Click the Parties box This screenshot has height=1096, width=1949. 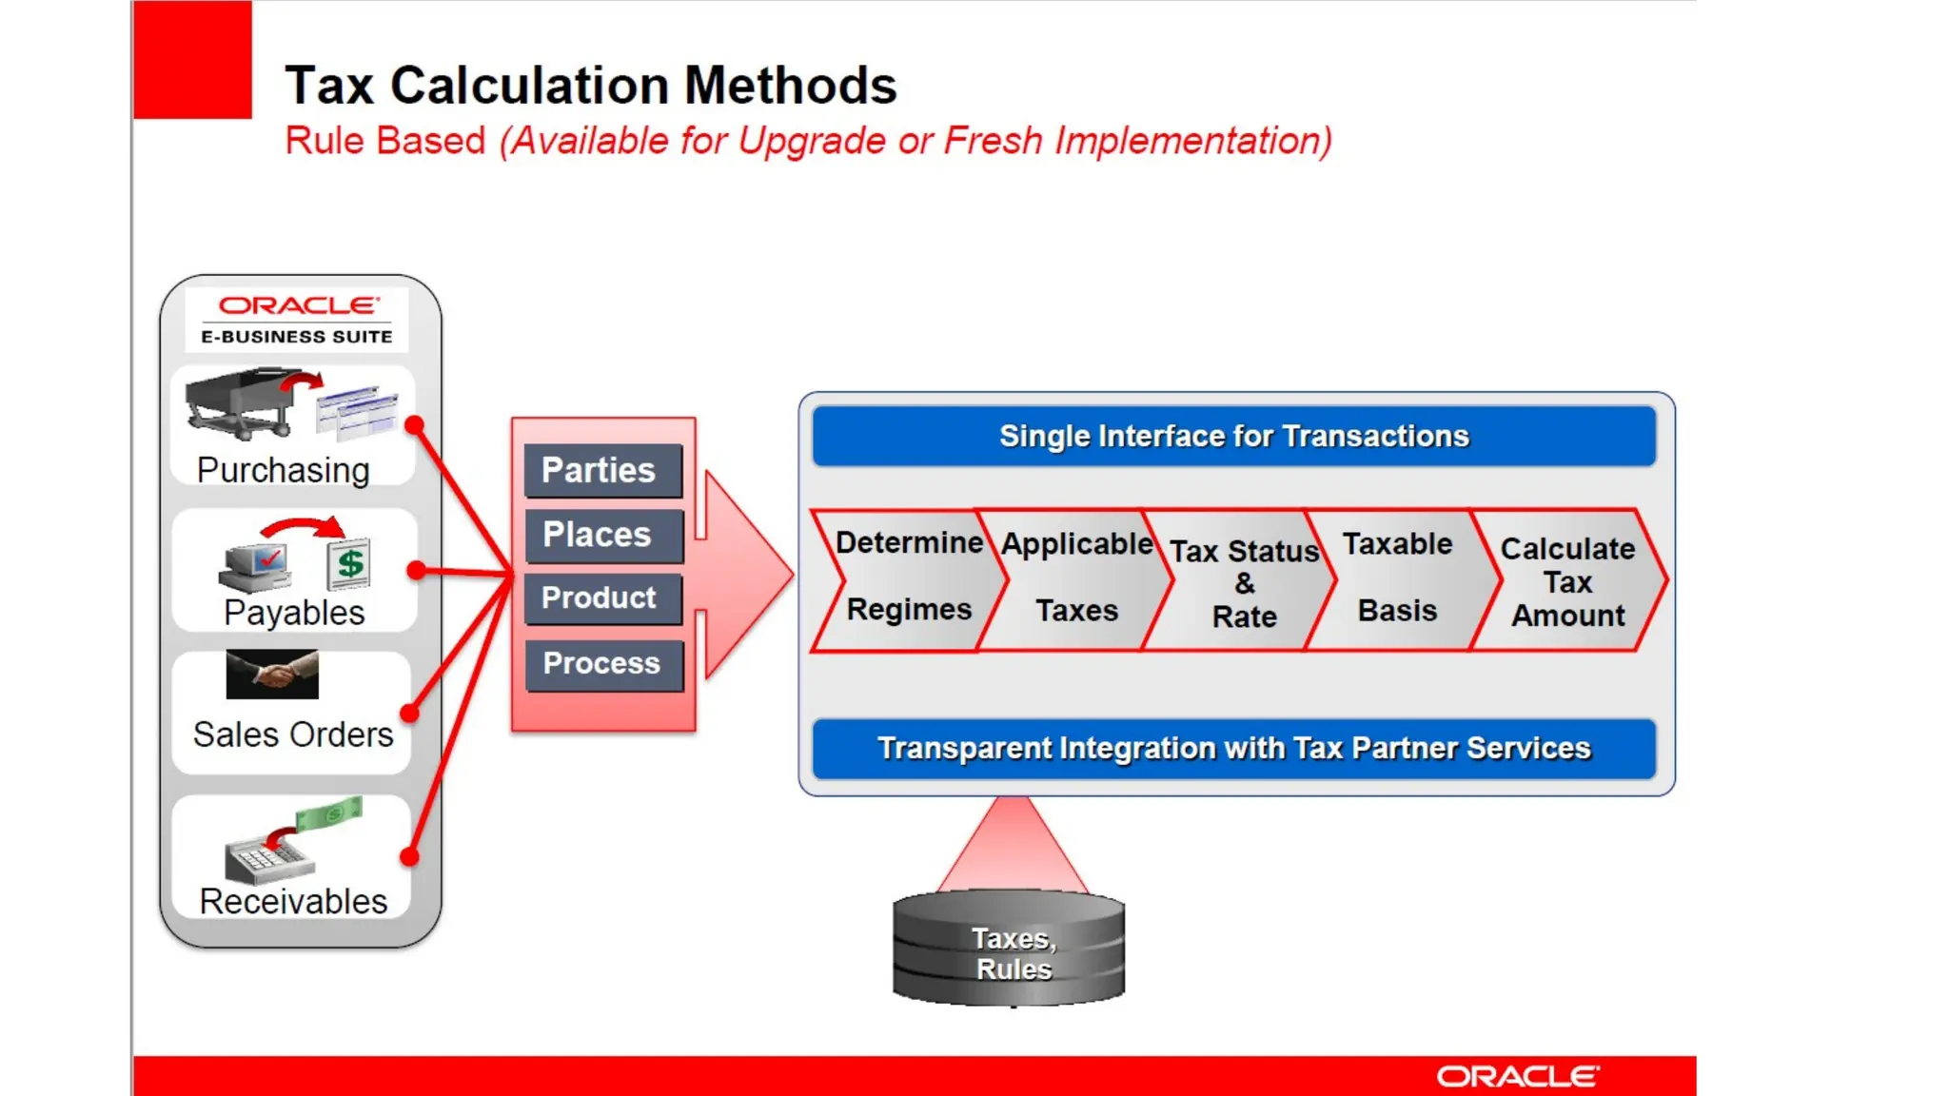(x=602, y=470)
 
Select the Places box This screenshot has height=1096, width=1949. (x=602, y=535)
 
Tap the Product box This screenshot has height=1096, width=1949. (x=602, y=598)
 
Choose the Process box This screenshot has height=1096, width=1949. (x=602, y=663)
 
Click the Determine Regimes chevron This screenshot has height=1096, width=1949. (x=908, y=578)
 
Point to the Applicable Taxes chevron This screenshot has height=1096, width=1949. (x=1075, y=578)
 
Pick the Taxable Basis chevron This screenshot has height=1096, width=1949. (x=1397, y=578)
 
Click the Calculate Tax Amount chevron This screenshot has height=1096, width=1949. (x=1567, y=581)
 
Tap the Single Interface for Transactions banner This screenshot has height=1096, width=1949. (x=1233, y=437)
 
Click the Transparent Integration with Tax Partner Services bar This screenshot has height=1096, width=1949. (x=1233, y=749)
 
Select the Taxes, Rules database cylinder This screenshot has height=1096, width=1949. (x=1009, y=949)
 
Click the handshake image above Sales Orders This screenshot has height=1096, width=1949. (x=272, y=675)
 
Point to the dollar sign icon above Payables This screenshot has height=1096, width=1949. (x=349, y=563)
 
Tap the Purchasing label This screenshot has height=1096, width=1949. (x=284, y=470)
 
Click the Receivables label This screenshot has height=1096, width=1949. (x=293, y=901)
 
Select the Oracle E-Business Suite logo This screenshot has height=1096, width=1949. (x=297, y=320)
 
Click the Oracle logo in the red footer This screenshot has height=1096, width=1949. (x=1517, y=1076)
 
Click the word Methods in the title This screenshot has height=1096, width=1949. (x=790, y=86)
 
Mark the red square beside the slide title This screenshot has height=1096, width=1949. (x=192, y=59)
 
